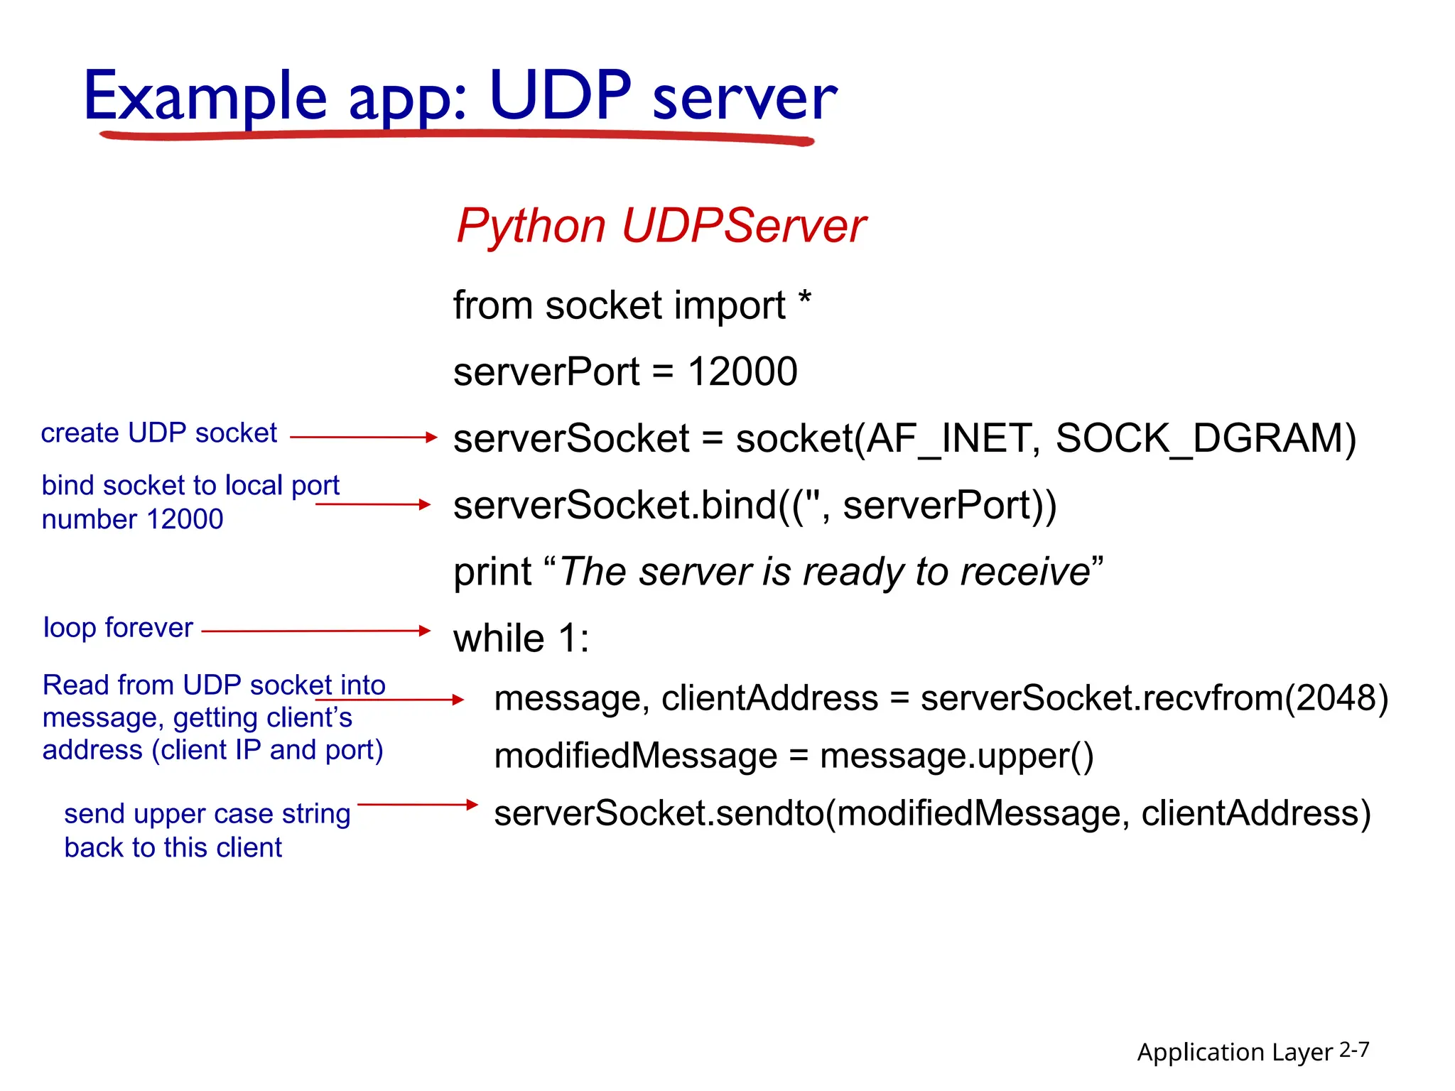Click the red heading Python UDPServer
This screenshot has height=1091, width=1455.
pos(660,226)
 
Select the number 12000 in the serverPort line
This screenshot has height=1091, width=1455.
pos(742,371)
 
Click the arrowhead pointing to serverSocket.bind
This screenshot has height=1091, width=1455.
pos(426,504)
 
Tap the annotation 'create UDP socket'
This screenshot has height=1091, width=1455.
pos(158,433)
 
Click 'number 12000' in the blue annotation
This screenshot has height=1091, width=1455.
pos(132,519)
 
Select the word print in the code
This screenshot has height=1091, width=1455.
pos(492,572)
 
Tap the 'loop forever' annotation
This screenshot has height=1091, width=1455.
pos(118,628)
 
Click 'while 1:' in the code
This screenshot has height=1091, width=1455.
pos(521,638)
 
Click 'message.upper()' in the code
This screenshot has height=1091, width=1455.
pos(956,756)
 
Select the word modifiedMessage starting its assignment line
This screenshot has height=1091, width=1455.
pos(635,756)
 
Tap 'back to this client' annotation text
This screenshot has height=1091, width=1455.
pos(173,847)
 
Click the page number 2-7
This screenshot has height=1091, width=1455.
pos(1353,1050)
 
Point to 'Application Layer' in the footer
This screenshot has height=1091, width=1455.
pos(1234,1052)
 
